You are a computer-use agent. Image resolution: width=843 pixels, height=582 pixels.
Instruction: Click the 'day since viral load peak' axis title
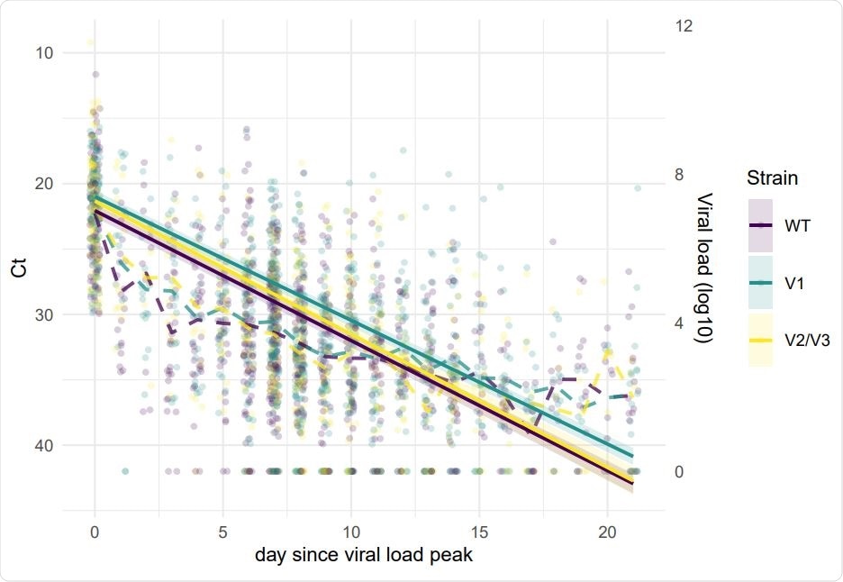pyautogui.click(x=364, y=554)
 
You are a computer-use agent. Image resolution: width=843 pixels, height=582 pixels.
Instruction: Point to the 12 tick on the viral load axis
pyautogui.click(x=683, y=26)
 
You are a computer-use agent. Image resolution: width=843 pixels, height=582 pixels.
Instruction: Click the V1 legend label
pyautogui.click(x=793, y=283)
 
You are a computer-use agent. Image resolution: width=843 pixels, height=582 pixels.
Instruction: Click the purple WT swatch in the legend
pyautogui.click(x=761, y=225)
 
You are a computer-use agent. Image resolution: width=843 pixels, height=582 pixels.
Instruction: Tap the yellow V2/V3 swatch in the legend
pyautogui.click(x=761, y=341)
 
